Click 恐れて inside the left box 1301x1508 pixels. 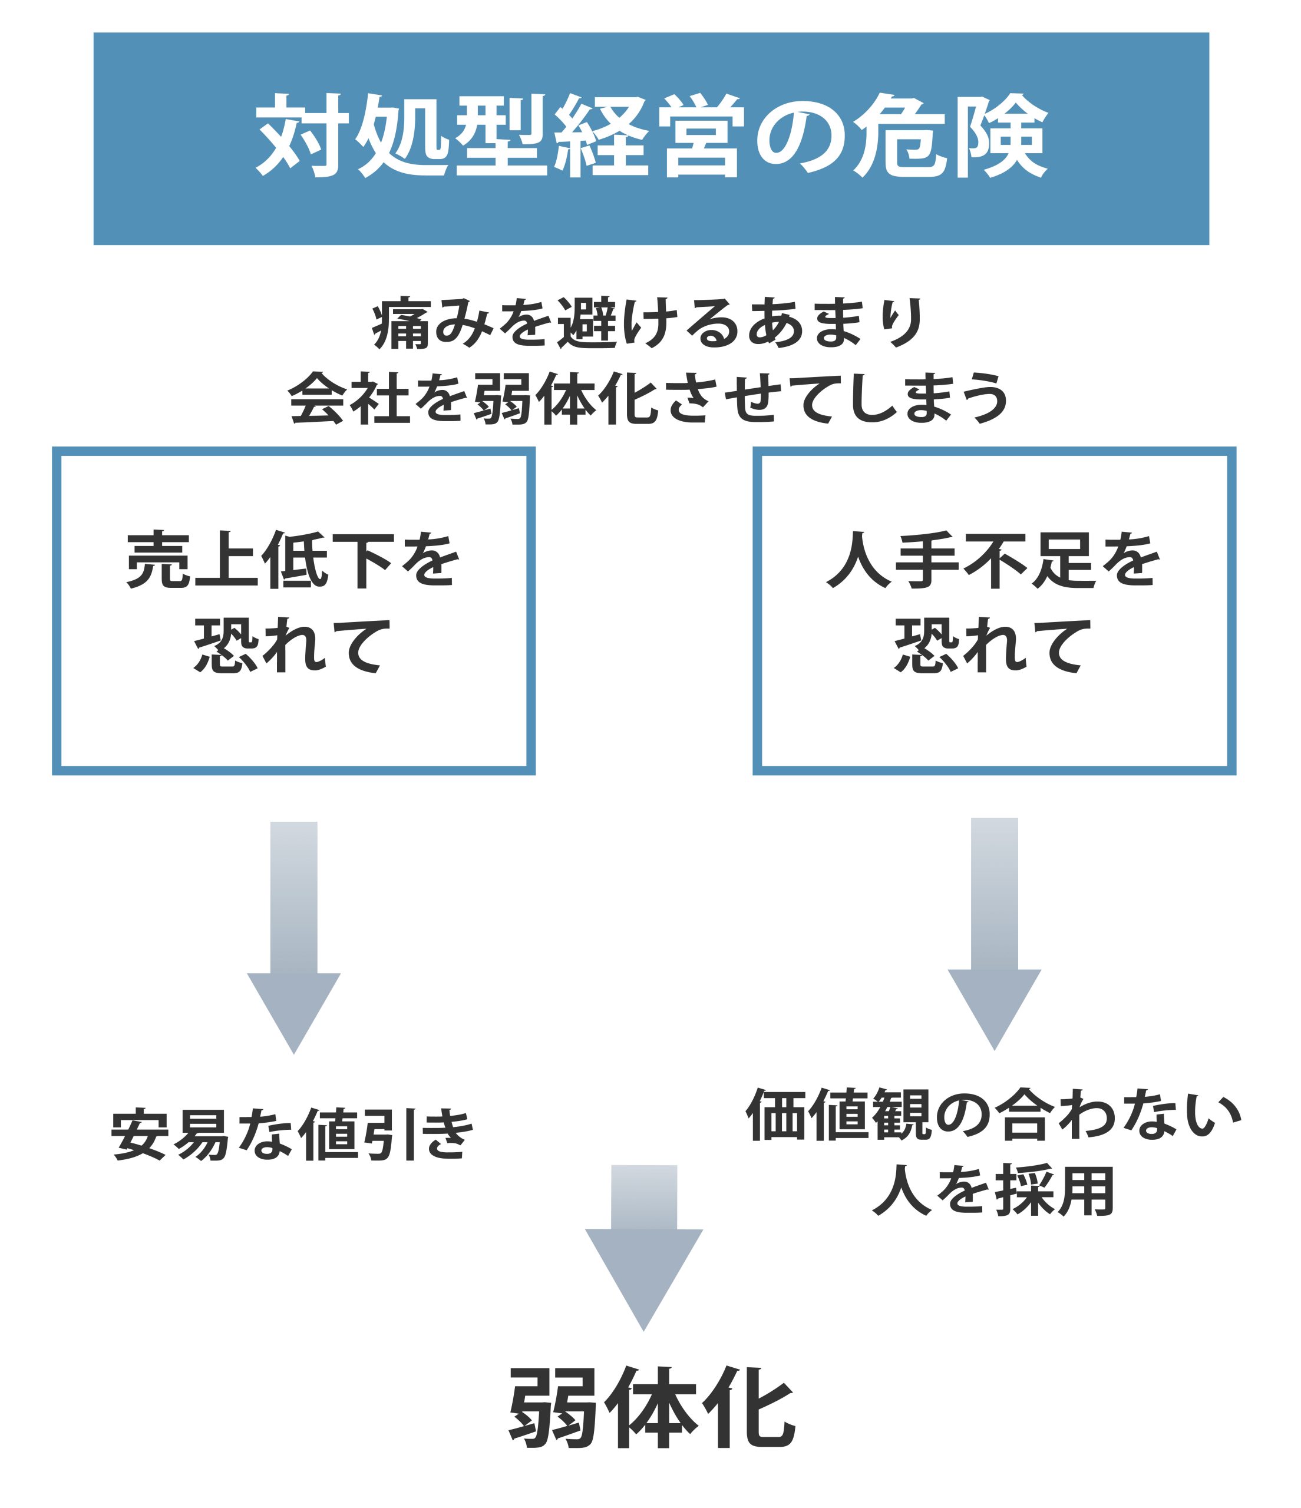coord(293,644)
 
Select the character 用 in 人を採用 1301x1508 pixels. coord(1085,1192)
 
